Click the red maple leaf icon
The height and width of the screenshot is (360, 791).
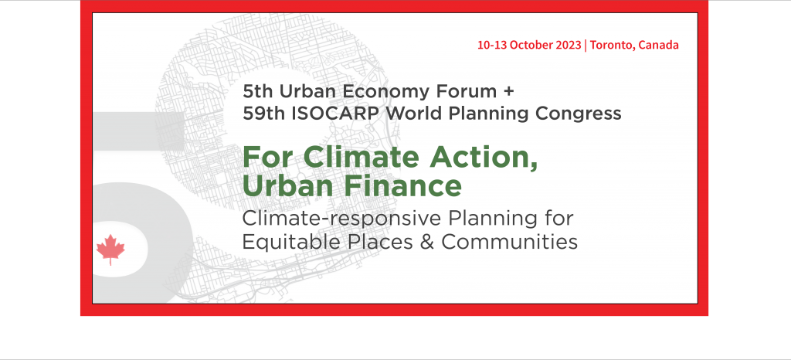point(110,250)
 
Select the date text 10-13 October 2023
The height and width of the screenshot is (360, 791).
point(530,45)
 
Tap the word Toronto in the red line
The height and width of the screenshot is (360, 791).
point(612,45)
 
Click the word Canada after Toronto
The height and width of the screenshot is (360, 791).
point(658,45)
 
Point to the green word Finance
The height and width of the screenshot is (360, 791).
point(403,185)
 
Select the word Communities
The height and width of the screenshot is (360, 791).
point(510,242)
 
